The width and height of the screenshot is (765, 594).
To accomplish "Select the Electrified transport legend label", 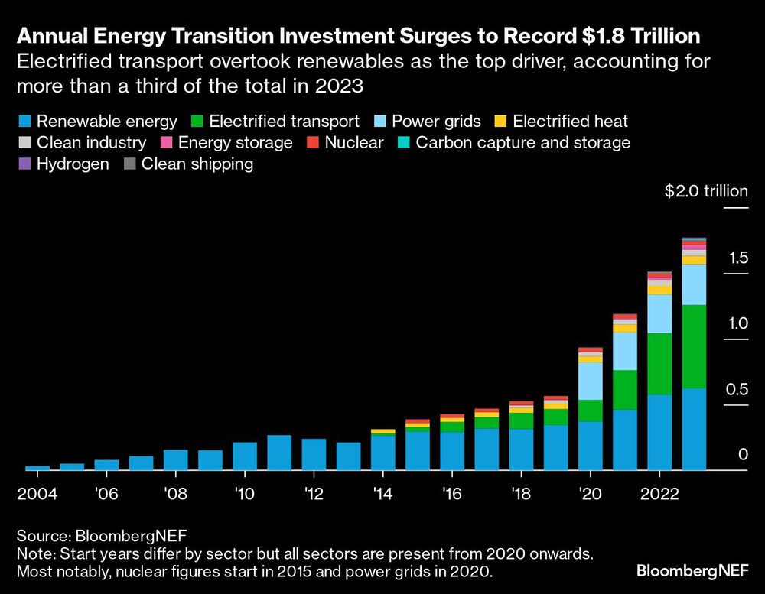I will point(284,121).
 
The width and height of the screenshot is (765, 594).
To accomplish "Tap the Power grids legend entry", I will point(435,121).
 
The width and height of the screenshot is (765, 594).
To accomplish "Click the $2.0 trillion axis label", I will point(705,191).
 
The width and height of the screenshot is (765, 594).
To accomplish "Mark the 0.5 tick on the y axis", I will point(736,390).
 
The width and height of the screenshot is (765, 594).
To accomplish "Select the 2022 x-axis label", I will point(659,493).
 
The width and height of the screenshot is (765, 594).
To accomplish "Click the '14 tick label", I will point(382,493).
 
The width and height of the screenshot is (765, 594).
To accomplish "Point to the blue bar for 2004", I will point(37,468).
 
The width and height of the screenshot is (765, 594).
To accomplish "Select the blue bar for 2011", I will point(279,453).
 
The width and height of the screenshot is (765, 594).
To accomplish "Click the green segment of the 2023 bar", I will point(694,346).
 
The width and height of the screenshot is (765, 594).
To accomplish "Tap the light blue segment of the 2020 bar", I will point(590,381).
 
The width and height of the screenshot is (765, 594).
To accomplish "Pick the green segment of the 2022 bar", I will point(659,364).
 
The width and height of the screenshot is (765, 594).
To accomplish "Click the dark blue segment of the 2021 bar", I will point(624,440).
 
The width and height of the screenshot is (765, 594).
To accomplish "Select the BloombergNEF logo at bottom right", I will point(692,572).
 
